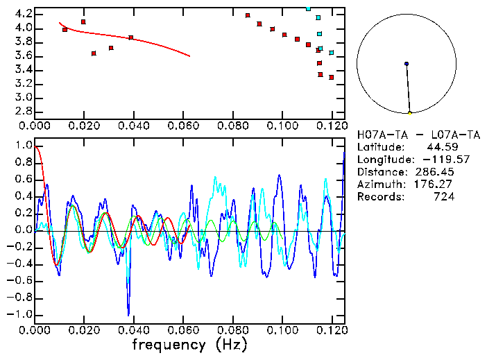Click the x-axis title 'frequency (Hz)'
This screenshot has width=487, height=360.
pyautogui.click(x=189, y=344)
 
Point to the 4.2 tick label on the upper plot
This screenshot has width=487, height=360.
pyautogui.click(x=22, y=14)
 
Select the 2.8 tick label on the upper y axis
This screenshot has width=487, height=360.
pyautogui.click(x=22, y=111)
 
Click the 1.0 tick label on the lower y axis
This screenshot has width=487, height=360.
pyautogui.click(x=22, y=146)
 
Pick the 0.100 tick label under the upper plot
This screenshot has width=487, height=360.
pyautogui.click(x=282, y=126)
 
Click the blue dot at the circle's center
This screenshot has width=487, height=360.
pyautogui.click(x=407, y=64)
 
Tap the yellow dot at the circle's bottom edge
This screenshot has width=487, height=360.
pyautogui.click(x=410, y=113)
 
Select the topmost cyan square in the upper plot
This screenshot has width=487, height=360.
pyautogui.click(x=308, y=8)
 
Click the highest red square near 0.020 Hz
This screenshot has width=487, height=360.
pyautogui.click(x=83, y=22)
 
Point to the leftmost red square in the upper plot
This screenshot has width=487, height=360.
pyautogui.click(x=65, y=30)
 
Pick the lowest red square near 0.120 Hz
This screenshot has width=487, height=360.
pyautogui.click(x=332, y=77)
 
